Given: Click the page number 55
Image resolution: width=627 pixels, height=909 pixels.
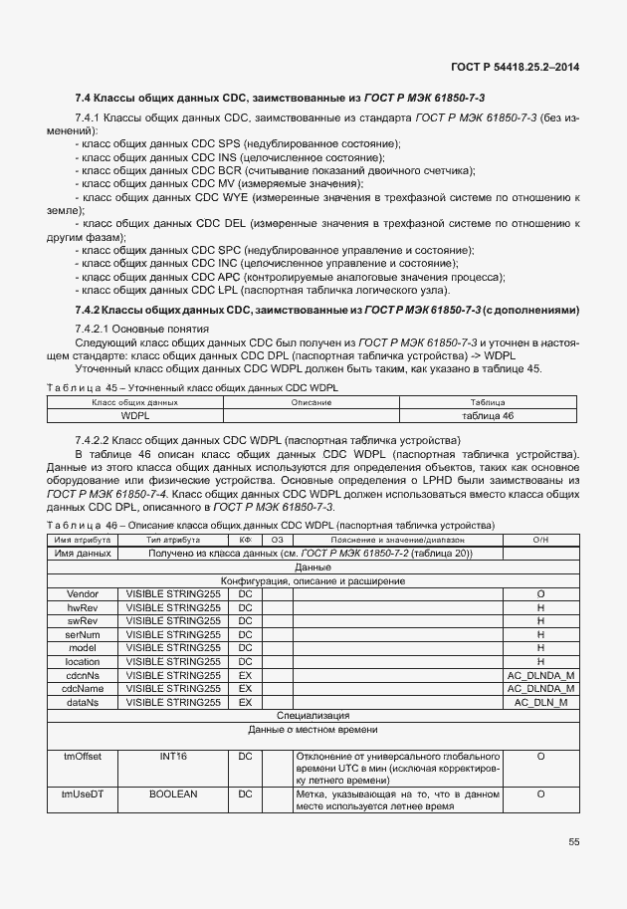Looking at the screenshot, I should tap(574, 842).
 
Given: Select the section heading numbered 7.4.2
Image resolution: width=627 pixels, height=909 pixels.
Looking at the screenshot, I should tap(326, 311).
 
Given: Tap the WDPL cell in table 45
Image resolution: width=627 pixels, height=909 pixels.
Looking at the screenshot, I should tap(135, 415).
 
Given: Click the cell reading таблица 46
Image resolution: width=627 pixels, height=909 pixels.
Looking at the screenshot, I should tap(488, 415).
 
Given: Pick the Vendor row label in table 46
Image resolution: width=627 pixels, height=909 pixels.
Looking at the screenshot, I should tap(82, 593).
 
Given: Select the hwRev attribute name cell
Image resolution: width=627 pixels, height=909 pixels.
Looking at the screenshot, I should tap(82, 607).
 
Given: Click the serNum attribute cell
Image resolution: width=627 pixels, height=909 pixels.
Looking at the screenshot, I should tap(82, 634).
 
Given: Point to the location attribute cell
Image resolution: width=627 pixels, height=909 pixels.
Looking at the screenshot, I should tap(82, 661).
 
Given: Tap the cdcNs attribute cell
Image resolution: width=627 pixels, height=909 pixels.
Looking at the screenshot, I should tap(82, 675).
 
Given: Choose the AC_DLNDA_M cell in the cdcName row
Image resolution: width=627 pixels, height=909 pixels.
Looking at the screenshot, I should tap(540, 688).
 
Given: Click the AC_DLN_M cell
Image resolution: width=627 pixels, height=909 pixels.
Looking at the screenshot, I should tap(540, 702).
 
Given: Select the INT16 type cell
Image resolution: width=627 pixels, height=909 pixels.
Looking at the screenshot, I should tap(173, 757).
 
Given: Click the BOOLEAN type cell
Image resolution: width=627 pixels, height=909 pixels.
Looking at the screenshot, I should tap(173, 794).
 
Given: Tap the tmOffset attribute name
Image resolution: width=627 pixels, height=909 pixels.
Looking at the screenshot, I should tap(82, 757).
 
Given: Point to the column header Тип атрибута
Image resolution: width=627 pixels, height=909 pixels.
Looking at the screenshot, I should tap(173, 539).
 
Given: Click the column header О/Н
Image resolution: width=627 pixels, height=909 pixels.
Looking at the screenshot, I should tap(540, 539).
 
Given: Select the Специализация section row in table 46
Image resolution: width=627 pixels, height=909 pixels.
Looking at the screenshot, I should tap(313, 715).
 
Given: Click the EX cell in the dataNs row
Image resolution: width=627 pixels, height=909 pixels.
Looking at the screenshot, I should tap(245, 702).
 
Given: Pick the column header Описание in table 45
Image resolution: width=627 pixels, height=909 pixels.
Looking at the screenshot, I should tap(311, 402).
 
